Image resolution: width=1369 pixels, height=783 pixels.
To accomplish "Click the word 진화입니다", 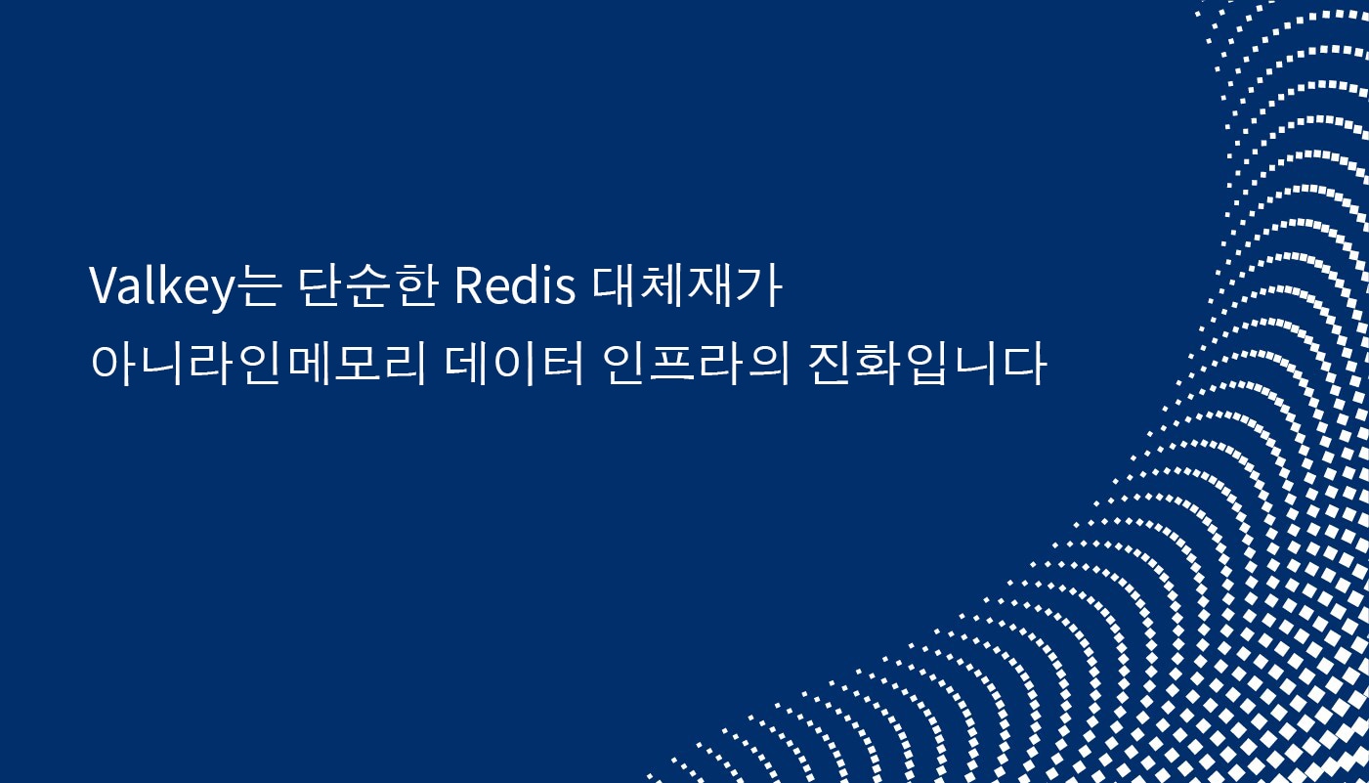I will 928,365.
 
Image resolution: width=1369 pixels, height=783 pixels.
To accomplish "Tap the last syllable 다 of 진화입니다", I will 1025,365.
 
